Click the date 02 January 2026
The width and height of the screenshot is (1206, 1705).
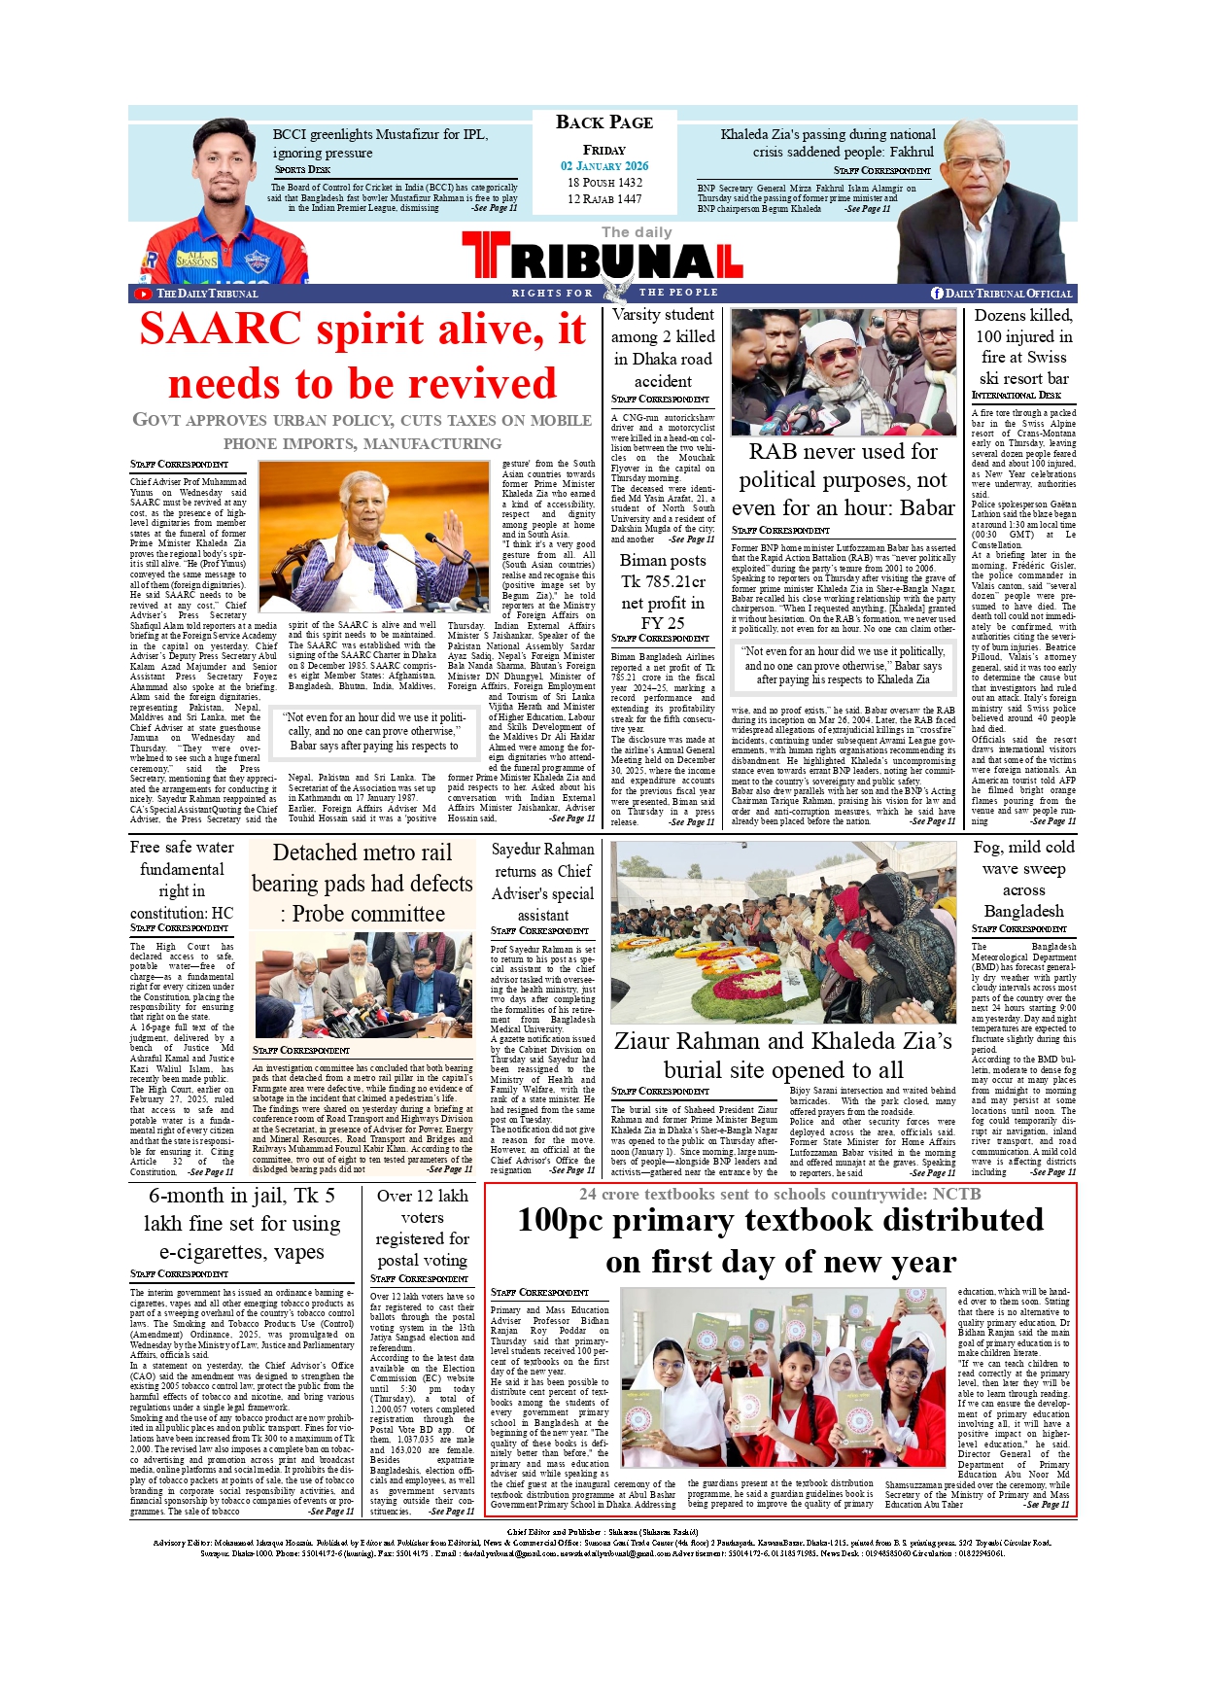point(603,166)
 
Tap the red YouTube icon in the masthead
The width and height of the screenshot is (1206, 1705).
point(144,294)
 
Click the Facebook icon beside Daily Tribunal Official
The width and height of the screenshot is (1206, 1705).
point(937,294)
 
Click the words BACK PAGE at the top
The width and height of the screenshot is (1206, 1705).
point(603,122)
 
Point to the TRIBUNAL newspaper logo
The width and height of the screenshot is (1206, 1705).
point(603,260)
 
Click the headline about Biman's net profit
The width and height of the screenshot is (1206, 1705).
point(663,591)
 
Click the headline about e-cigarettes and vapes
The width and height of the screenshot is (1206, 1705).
point(242,1223)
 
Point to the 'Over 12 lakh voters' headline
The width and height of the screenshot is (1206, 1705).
point(422,1228)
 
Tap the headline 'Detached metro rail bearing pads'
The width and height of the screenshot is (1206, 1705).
point(362,883)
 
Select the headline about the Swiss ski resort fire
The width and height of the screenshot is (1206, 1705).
point(1023,346)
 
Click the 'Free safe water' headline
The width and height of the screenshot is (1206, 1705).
point(182,880)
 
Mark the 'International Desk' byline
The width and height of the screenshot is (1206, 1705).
point(1016,395)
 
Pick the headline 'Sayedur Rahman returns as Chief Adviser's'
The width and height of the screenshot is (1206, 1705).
point(542,882)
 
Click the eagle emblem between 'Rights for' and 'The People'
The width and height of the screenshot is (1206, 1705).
point(614,292)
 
